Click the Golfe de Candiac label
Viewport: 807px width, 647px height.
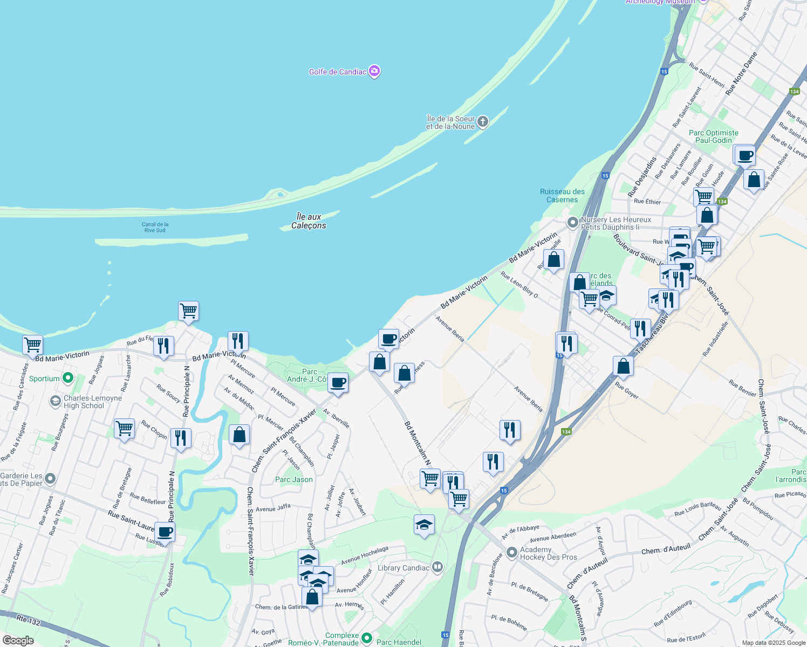tap(337, 72)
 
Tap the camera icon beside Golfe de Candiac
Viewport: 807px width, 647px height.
tap(374, 71)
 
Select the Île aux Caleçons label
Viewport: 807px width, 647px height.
tap(309, 221)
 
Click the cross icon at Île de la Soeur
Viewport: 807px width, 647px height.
tap(483, 122)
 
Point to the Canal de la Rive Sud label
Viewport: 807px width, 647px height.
tap(155, 228)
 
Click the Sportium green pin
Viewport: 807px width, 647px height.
tap(67, 378)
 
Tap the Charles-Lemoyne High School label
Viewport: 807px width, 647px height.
tap(85, 402)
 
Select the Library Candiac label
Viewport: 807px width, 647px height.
tap(403, 568)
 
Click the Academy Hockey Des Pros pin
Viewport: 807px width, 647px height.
tap(512, 553)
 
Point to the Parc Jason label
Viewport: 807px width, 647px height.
tap(293, 479)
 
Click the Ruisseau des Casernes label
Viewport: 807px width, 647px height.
tap(562, 196)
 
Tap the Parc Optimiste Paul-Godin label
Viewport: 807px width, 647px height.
tap(713, 136)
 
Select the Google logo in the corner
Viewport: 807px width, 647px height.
tap(18, 641)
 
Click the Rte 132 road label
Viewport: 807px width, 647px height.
tap(28, 621)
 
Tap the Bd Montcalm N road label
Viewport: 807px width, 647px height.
tap(418, 443)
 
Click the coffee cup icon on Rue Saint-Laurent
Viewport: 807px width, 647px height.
tap(165, 532)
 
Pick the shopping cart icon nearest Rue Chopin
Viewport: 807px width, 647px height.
tap(124, 429)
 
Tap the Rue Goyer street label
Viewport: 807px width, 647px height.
tap(627, 391)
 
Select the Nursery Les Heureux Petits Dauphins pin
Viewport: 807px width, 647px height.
tap(572, 222)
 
